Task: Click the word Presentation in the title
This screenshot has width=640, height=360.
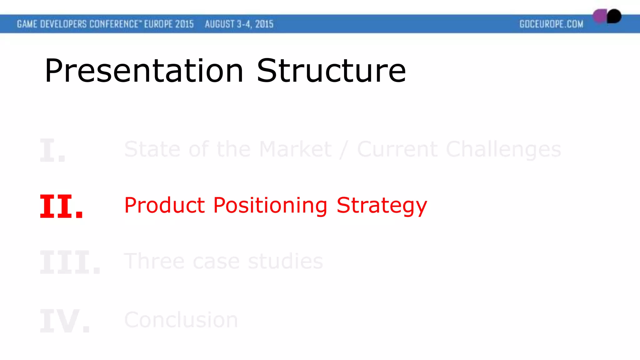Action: pos(144,71)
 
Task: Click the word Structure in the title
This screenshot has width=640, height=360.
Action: pos(331,71)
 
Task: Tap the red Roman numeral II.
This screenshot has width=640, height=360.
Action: pos(61,206)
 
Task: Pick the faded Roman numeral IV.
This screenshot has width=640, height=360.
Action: pos(65,321)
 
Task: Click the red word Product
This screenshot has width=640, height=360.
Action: pos(164,205)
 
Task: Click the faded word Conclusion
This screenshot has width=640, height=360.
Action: pos(181,320)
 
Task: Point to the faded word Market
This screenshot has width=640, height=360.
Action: pos(295,149)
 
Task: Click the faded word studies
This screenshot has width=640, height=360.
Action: pos(285,261)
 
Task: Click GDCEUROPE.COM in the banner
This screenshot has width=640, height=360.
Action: pos(551,24)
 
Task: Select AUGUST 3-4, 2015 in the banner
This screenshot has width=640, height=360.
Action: pos(239,24)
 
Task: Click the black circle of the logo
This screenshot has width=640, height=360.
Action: pos(614,16)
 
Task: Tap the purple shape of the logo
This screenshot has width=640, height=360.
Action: pos(599,16)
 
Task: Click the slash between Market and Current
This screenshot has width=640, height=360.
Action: pos(344,149)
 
